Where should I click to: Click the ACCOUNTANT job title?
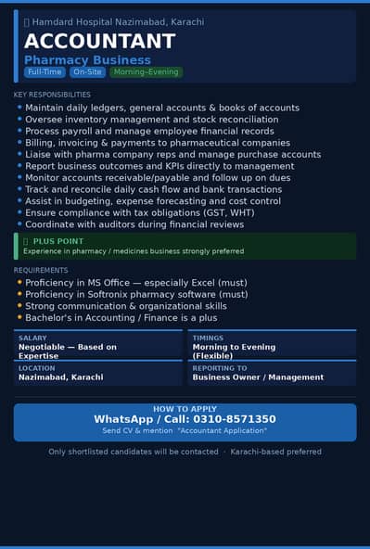[x=99, y=41]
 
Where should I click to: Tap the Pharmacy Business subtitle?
[x=87, y=60]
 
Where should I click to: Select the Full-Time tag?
[x=45, y=72]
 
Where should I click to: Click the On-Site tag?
[x=88, y=72]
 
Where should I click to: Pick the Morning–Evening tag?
[x=146, y=72]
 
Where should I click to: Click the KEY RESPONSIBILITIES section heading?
[x=52, y=95]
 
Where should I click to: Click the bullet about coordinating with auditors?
[x=134, y=224]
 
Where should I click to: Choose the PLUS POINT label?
[x=58, y=241]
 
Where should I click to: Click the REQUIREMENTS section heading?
[x=41, y=270]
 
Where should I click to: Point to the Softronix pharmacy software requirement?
[x=136, y=294]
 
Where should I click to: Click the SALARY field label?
[x=32, y=338]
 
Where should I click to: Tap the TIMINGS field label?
[x=208, y=338]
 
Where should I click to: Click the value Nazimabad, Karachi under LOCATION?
[x=60, y=377]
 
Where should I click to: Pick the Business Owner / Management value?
[x=258, y=377]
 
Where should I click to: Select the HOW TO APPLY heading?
[x=185, y=409]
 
